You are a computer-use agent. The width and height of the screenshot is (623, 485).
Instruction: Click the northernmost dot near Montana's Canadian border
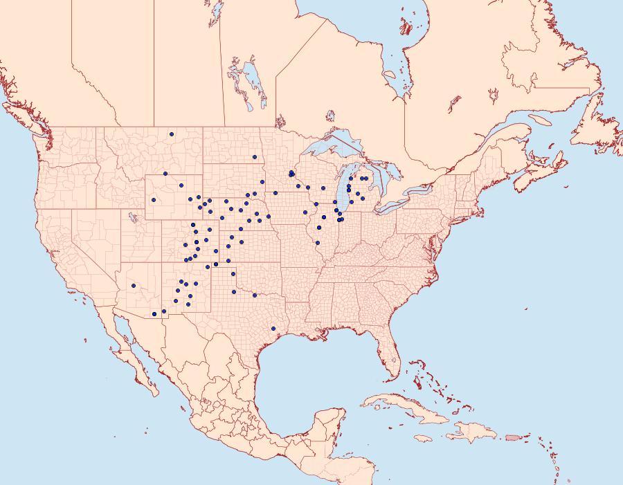pyautogui.click(x=172, y=134)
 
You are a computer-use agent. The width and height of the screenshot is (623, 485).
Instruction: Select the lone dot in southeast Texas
pyautogui.click(x=273, y=328)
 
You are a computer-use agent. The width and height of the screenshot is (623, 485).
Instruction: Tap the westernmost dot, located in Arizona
pyautogui.click(x=133, y=285)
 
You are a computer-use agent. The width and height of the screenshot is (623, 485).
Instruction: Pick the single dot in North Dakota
pyautogui.click(x=254, y=157)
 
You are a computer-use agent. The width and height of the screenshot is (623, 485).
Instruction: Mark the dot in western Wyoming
pyautogui.click(x=153, y=201)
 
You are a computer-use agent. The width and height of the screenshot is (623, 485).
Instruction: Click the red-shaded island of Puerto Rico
pyautogui.click(x=512, y=437)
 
